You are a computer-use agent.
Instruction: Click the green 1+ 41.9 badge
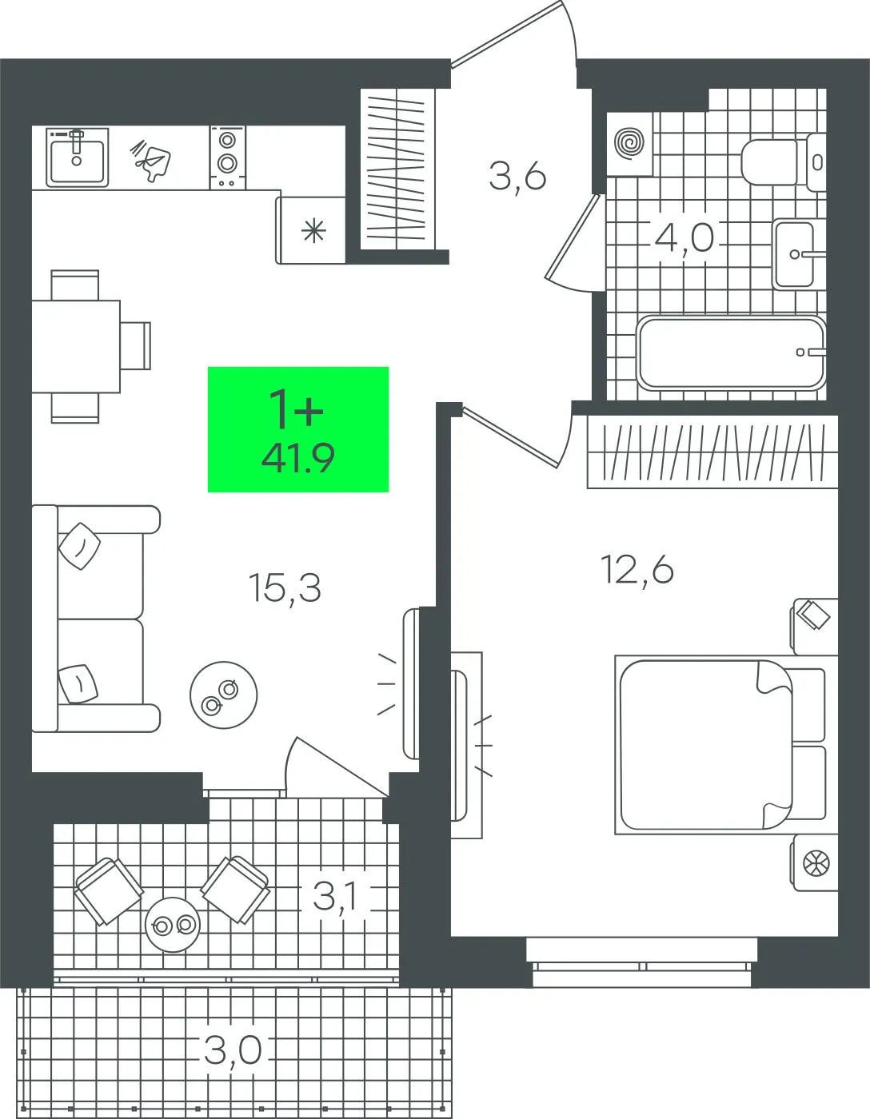point(298,429)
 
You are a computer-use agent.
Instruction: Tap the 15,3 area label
point(285,588)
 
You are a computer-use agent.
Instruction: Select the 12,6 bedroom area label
point(637,570)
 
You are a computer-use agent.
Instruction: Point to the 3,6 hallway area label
point(517,177)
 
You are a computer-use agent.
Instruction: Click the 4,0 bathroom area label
point(684,238)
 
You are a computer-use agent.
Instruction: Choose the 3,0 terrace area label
point(233,1050)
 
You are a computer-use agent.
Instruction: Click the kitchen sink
point(78,157)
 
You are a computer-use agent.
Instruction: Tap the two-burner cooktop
point(227,157)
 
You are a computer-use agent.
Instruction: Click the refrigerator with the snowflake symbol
point(311,229)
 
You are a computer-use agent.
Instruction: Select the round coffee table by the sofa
point(224,695)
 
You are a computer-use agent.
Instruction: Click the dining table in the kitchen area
point(76,346)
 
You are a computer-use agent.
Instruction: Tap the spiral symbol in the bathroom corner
point(630,141)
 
